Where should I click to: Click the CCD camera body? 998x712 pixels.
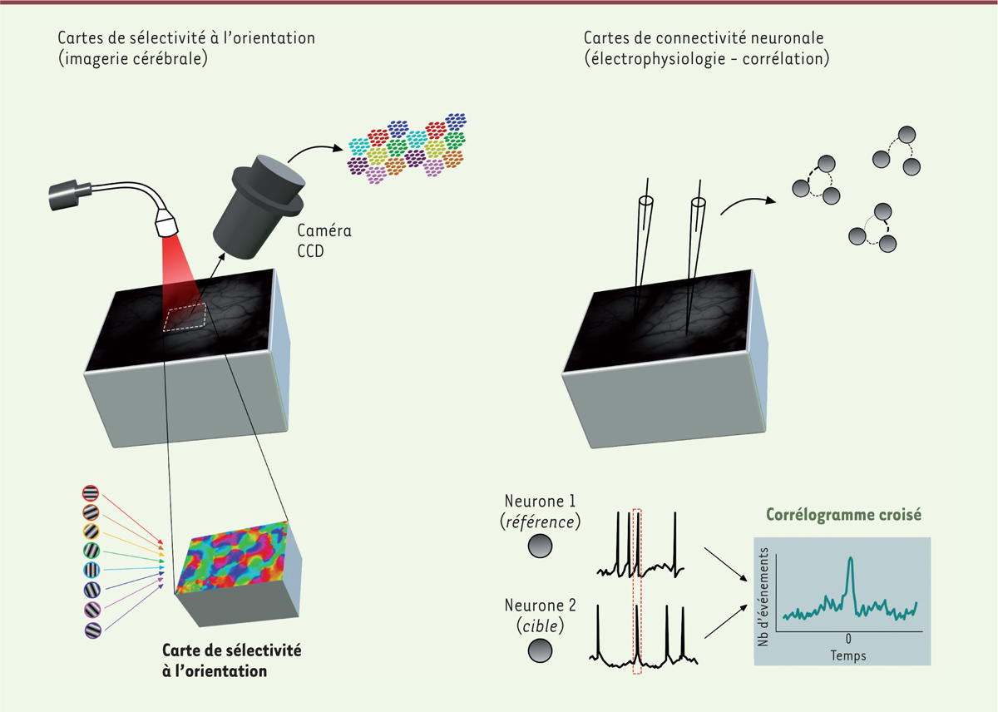(x=259, y=207)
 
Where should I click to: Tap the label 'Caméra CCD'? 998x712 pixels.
(x=324, y=240)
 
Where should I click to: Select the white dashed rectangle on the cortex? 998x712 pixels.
(x=185, y=317)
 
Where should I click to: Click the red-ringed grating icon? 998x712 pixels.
(x=91, y=493)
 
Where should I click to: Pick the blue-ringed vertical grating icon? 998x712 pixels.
(x=91, y=570)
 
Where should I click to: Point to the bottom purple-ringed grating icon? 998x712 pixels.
(x=93, y=630)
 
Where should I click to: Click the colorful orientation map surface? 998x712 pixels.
(x=232, y=557)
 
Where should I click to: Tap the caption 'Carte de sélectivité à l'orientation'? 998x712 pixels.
(x=232, y=660)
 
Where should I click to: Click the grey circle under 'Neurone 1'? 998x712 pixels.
(x=540, y=546)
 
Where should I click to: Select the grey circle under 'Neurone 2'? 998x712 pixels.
(x=540, y=650)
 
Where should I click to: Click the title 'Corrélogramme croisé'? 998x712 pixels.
(x=843, y=515)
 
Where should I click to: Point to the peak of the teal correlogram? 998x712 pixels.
(x=851, y=558)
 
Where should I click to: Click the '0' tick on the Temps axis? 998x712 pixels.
(x=848, y=639)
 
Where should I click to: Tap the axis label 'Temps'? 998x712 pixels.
(x=848, y=655)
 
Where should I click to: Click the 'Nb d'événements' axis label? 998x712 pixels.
(x=763, y=597)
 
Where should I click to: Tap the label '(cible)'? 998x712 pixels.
(x=540, y=626)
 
